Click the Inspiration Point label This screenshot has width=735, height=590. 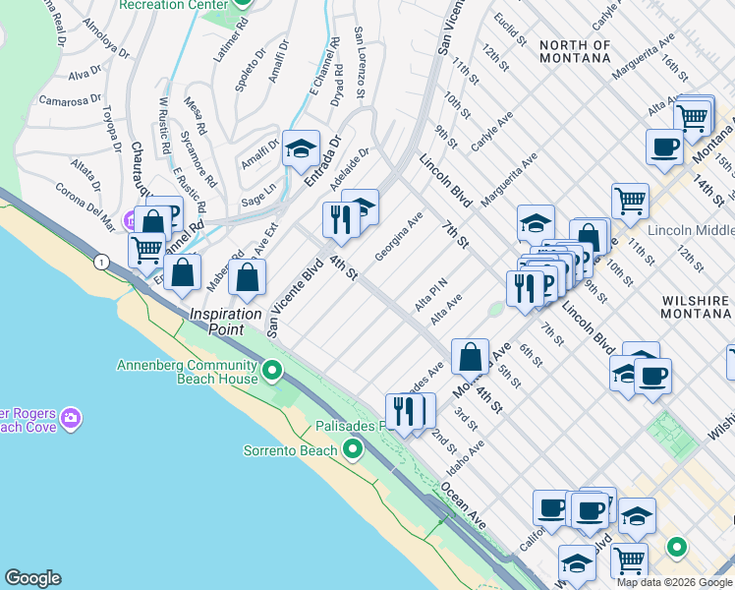point(226,322)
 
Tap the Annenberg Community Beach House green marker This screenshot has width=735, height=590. point(273,371)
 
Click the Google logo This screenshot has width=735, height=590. point(32,578)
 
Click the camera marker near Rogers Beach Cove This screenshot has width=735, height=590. point(70,419)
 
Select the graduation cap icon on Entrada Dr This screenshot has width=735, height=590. point(301,149)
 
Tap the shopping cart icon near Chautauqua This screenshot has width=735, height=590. point(146,251)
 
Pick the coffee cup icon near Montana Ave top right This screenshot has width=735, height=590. point(664,147)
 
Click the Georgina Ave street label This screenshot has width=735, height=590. point(398,237)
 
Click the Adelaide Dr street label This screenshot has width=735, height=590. point(349,167)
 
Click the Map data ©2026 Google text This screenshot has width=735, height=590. point(673,582)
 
